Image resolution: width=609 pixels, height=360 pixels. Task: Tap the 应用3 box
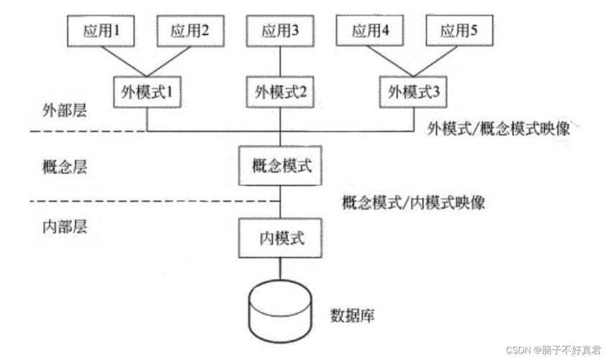click(x=280, y=31)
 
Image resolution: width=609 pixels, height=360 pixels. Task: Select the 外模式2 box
click(x=280, y=93)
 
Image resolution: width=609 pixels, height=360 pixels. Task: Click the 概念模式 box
click(x=280, y=165)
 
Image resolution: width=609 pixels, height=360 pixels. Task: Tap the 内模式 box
click(x=280, y=238)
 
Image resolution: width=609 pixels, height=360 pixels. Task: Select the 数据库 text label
click(x=353, y=315)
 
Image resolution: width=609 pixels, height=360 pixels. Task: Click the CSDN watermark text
click(x=552, y=349)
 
